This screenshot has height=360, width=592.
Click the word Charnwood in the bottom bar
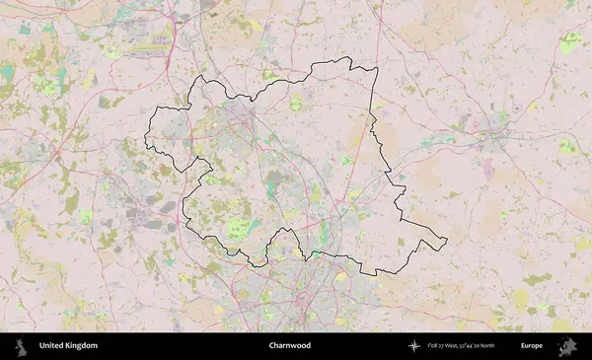pyautogui.click(x=289, y=346)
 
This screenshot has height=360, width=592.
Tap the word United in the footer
pyautogui.click(x=52, y=346)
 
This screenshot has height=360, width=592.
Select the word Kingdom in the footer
pyautogui.click(x=82, y=346)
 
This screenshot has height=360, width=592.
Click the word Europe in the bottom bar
pyautogui.click(x=532, y=346)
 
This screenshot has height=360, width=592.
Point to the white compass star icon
pyautogui.click(x=412, y=346)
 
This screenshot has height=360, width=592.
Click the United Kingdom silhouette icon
pyautogui.click(x=20, y=346)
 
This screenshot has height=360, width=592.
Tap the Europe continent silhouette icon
pyautogui.click(x=567, y=346)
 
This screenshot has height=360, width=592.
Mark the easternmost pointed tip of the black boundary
pyautogui.click(x=446, y=240)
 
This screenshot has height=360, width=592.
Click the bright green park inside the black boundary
pyautogui.click(x=237, y=229)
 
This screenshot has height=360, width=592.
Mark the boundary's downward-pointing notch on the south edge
pyautogui.click(x=259, y=264)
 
